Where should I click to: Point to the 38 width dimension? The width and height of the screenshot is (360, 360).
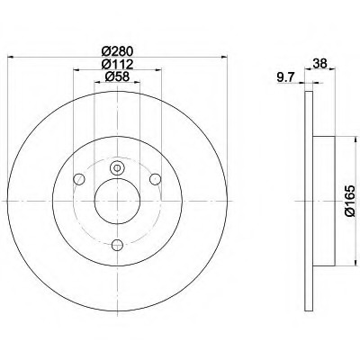tap(319, 63)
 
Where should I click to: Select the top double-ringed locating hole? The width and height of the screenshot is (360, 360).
tap(117, 166)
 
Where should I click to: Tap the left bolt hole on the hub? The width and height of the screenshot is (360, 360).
tap(81, 177)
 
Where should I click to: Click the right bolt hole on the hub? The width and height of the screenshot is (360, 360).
tap(154, 177)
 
